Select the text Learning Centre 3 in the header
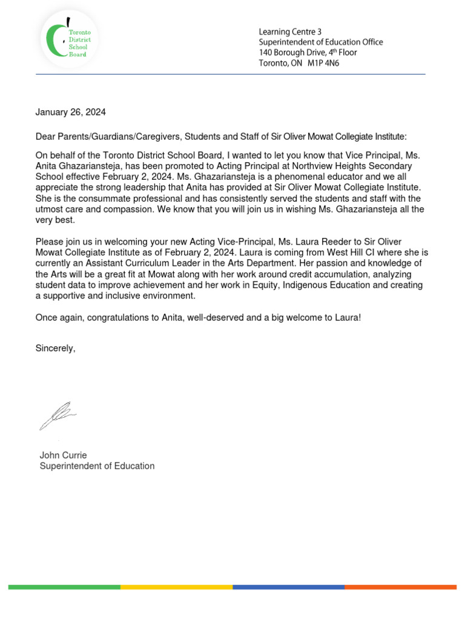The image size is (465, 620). coord(289,31)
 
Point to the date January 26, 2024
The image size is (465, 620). coord(70,112)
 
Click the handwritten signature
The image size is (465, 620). coord(58,415)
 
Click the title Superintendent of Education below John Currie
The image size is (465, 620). coord(97,466)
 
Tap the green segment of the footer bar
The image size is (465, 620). coord(64,587)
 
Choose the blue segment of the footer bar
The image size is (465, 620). coord(288,587)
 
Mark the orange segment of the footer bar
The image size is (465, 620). coord(400,587)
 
